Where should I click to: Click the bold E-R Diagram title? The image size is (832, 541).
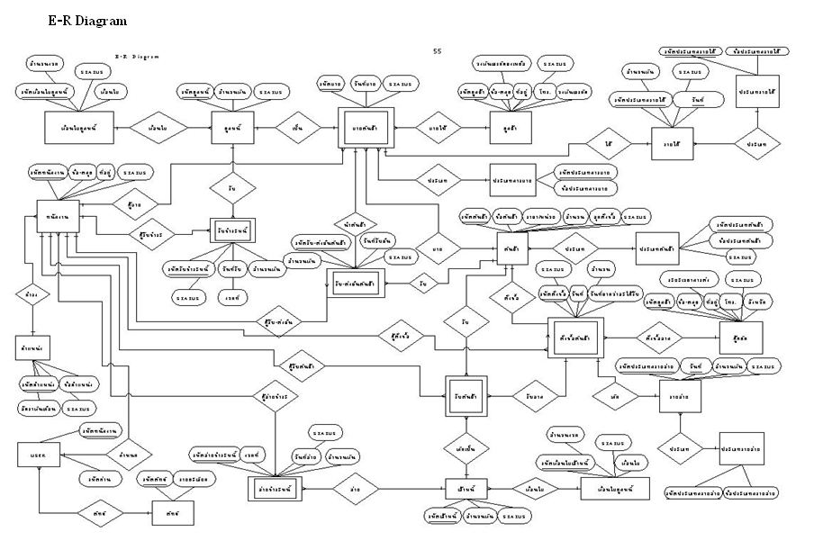86,20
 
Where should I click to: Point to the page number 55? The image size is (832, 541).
438,51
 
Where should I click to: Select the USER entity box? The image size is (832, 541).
38,455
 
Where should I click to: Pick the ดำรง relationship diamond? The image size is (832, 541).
32,293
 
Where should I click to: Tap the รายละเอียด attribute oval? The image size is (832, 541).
195,480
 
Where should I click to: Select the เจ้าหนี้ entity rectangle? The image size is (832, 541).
466,489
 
